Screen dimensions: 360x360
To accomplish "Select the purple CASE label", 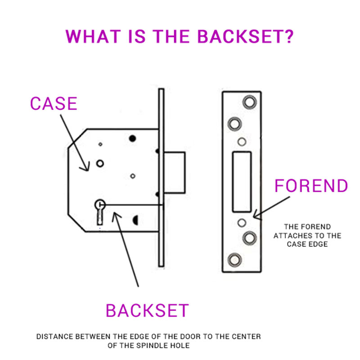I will coord(54,103).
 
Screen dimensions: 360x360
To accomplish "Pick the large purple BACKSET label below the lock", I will coord(147,310).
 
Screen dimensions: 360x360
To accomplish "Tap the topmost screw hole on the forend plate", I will coord(248,102).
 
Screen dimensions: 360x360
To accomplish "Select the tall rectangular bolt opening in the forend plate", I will coord(241,181).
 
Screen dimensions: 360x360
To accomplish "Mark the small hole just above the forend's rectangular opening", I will coord(242,142).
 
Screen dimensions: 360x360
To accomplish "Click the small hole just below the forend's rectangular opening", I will coord(242,222).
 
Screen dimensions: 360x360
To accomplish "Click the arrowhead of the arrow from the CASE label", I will coord(83,167).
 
